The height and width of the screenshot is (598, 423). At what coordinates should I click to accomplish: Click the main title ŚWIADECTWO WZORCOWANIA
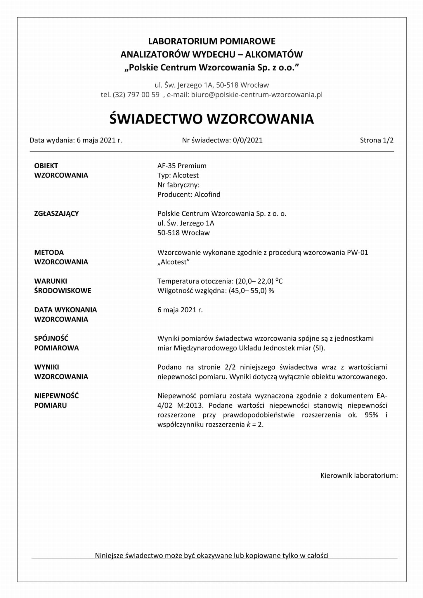click(211, 119)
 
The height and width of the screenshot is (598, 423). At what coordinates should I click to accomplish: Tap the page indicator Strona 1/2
click(377, 140)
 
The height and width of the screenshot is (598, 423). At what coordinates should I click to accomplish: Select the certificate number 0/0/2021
click(248, 140)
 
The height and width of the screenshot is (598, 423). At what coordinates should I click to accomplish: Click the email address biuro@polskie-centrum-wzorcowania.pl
click(257, 95)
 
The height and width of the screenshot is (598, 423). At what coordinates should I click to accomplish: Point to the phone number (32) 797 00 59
click(136, 95)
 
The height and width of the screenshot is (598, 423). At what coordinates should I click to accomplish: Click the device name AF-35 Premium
click(182, 166)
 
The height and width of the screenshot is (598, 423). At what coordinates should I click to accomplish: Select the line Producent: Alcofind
click(189, 195)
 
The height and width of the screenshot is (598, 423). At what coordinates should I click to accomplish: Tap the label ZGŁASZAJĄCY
click(57, 214)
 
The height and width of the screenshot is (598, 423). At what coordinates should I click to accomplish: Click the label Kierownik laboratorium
click(359, 476)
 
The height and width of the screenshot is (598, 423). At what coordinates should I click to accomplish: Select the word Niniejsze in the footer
click(109, 555)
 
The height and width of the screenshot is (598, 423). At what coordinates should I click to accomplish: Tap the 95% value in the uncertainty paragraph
click(371, 415)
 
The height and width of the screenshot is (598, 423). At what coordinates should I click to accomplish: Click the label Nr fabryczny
click(178, 185)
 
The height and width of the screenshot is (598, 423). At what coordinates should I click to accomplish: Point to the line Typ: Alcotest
click(178, 175)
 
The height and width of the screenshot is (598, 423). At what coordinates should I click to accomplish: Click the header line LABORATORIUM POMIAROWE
click(211, 41)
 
